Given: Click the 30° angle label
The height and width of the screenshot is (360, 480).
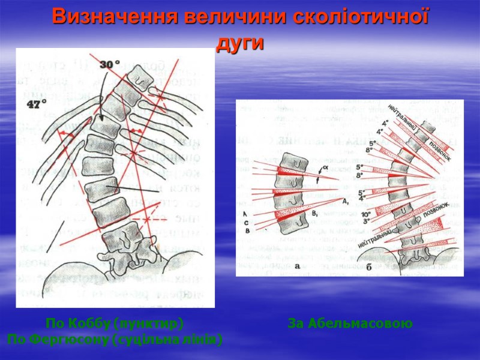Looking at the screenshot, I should click(x=110, y=64).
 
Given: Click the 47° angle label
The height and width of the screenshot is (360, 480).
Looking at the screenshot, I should click(x=37, y=104).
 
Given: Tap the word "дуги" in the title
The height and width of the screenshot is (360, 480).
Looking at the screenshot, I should click(x=239, y=43).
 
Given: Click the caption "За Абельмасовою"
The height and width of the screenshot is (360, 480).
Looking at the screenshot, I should click(x=350, y=324).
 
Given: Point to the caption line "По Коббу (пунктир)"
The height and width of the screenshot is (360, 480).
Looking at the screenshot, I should click(x=114, y=324).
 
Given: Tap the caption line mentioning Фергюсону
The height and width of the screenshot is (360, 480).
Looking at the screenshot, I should click(x=114, y=340).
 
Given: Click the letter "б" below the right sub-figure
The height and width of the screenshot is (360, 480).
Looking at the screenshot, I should click(x=368, y=268).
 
